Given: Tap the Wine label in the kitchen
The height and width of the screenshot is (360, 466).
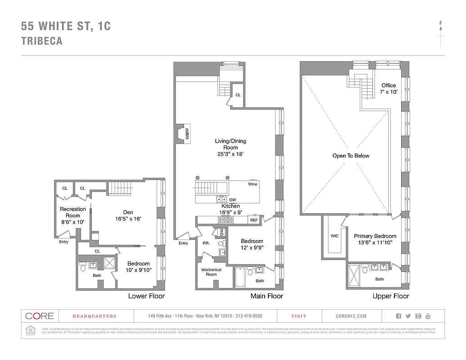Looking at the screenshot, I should coord(253,184).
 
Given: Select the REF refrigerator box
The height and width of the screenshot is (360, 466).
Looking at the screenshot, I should coord(254,220).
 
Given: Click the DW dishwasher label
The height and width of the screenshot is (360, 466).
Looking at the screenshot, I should coord(233,200).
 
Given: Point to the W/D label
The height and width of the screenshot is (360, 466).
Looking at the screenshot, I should coord(222,232).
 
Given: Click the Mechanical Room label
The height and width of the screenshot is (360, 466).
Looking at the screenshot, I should coord(211,272).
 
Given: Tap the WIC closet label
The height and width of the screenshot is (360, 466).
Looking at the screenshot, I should coord(335,235).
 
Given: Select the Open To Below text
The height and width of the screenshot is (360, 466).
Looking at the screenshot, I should coord(351,156).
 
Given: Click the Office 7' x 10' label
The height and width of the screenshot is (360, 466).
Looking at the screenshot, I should coord(389,88).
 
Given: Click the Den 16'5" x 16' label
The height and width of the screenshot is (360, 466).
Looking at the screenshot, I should coord(128,216).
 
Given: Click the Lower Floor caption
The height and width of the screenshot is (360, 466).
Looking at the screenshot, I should coord(146,296).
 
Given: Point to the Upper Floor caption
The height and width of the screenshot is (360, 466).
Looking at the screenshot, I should coord(391,296).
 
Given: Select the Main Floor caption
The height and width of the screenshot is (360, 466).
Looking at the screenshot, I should coord(267,296).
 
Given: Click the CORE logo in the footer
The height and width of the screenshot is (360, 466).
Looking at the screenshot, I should coord(40,316).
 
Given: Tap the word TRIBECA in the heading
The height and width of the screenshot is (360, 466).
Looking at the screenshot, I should coord(41,41).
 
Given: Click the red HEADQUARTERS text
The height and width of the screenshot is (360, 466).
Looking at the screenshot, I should coord(95,316).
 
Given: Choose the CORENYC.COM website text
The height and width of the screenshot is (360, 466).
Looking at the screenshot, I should coord(351,316).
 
